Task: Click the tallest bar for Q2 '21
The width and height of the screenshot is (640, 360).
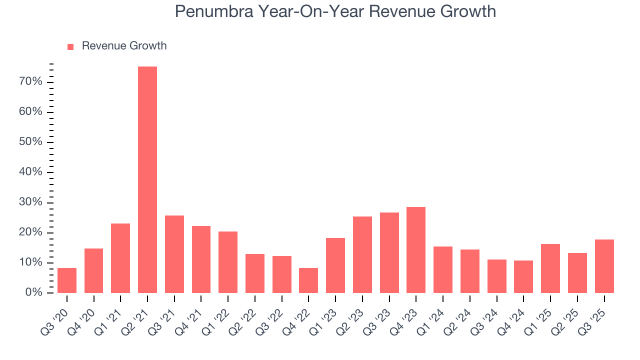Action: (147, 180)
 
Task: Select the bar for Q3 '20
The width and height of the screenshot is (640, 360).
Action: (67, 280)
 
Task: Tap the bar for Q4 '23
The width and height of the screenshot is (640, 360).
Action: (416, 250)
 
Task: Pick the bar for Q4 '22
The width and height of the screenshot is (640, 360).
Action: (308, 280)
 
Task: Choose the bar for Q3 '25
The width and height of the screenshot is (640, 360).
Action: (604, 266)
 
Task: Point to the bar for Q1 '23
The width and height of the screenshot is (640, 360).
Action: (335, 265)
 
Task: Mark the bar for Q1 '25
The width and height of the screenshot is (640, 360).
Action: (550, 268)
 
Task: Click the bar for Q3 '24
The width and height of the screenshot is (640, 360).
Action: (496, 276)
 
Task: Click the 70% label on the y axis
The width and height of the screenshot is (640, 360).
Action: (30, 81)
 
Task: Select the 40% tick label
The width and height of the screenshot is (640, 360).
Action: (30, 172)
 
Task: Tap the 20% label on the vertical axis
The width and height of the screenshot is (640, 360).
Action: (30, 232)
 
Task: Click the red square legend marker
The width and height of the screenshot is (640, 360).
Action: (70, 46)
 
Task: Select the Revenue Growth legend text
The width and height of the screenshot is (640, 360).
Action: (124, 46)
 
